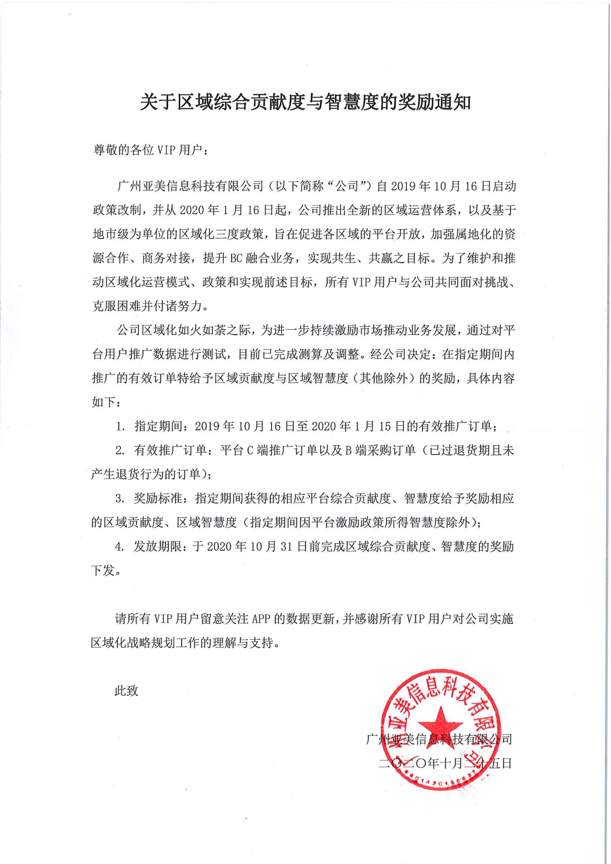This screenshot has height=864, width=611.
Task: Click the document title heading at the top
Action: coord(305,102)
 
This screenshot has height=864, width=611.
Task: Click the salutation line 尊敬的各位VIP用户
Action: coord(150,150)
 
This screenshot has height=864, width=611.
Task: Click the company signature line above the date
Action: coord(439,739)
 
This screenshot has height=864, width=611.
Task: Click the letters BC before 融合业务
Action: coord(236,258)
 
